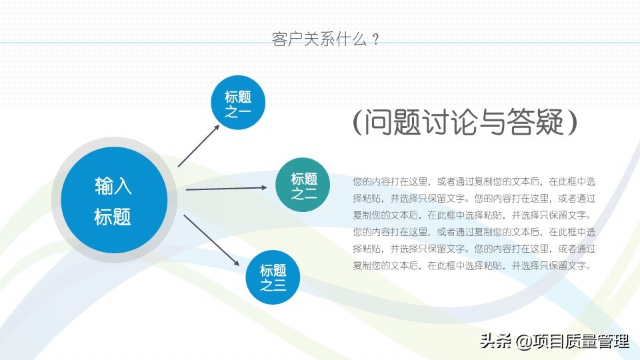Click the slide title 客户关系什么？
coord(326,39)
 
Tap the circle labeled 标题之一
coord(238,103)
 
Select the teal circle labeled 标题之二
coord(303,185)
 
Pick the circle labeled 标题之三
coord(273,277)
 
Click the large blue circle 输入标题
coord(114,199)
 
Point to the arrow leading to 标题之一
coord(199,146)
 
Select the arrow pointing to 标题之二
coord(227,189)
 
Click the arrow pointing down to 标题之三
coord(211,241)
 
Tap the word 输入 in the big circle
coord(113,186)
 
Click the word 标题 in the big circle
coord(113,217)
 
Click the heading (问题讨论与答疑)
coord(465,122)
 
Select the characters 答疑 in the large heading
coord(535,122)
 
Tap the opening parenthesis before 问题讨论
coord(357,122)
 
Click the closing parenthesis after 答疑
coord(573,122)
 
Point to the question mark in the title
coord(375,39)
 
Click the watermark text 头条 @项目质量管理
coord(555,341)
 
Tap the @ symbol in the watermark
coord(524,341)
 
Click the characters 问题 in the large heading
coord(392,122)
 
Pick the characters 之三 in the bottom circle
coord(273,285)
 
